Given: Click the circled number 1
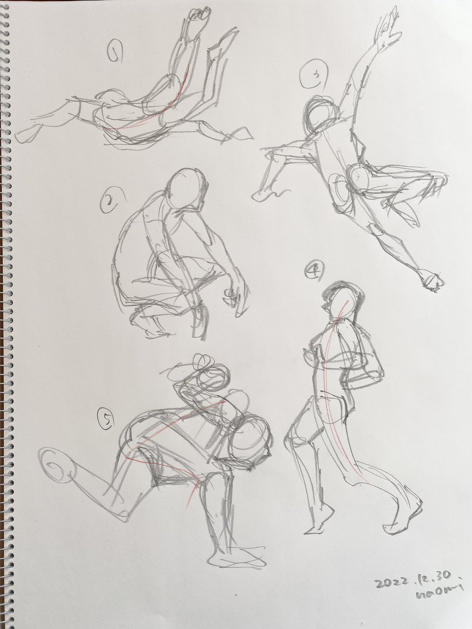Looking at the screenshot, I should (x=114, y=51).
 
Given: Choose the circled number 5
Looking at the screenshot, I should (x=105, y=420).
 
